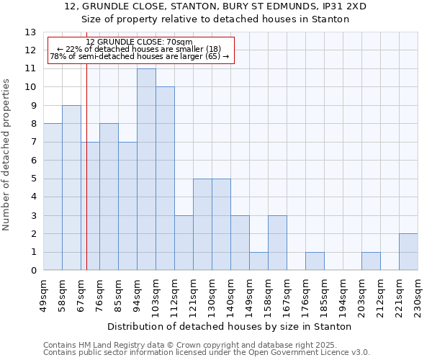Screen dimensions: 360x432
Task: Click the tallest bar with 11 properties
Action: (146, 169)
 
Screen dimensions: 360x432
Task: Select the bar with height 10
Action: (165, 179)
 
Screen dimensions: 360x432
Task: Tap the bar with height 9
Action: (71, 187)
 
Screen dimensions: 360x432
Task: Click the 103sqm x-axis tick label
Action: (156, 294)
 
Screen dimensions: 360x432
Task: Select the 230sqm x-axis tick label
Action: (418, 294)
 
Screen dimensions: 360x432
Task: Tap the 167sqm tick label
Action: (287, 294)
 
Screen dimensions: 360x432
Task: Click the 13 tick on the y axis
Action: (30, 32)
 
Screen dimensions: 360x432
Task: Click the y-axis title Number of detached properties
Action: (6, 165)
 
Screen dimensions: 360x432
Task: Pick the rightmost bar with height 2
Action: (408, 252)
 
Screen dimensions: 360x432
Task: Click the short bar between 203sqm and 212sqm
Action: (371, 261)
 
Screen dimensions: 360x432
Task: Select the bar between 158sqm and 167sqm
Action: (277, 243)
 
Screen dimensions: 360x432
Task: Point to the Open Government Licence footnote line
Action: (207, 352)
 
